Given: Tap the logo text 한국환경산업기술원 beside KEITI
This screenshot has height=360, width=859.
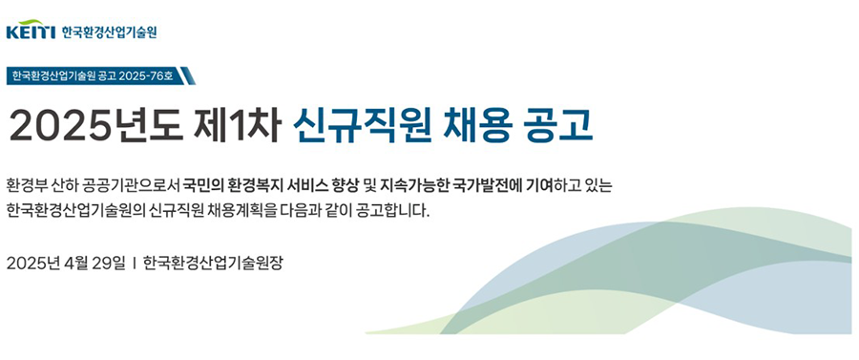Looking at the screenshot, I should click(109, 32).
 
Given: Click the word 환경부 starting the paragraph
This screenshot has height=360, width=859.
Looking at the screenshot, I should click(27, 184).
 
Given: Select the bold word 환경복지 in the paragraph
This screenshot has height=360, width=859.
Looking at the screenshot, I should click(258, 184).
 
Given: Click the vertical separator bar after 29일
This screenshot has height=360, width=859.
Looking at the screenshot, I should click(135, 263).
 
